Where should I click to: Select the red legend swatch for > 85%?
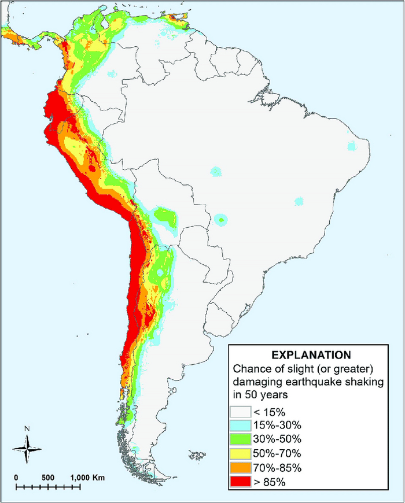(x=239, y=480)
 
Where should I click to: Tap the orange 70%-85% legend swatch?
(x=239, y=467)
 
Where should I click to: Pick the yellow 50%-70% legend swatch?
(x=239, y=453)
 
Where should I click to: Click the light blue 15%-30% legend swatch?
(x=239, y=426)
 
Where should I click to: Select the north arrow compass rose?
(x=27, y=448)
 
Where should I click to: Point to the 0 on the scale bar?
(x=17, y=478)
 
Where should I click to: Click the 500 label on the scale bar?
(x=47, y=478)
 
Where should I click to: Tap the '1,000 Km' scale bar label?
(x=88, y=478)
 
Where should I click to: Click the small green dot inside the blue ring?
(x=222, y=220)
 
